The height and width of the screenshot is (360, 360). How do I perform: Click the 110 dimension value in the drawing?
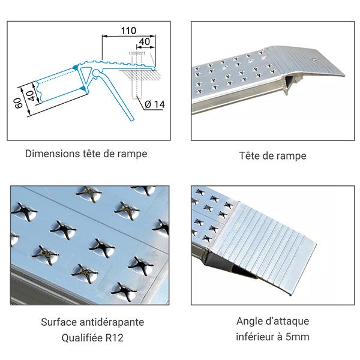128,30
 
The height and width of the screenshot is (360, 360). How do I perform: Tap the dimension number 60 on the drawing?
19,103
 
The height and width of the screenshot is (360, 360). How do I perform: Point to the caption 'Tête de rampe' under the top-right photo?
272,156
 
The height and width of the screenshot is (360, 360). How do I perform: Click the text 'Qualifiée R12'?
92,337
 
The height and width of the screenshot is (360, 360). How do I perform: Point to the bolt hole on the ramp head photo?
316,61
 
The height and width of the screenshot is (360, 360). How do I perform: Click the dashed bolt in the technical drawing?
136,81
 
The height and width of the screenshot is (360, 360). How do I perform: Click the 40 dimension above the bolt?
144,43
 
